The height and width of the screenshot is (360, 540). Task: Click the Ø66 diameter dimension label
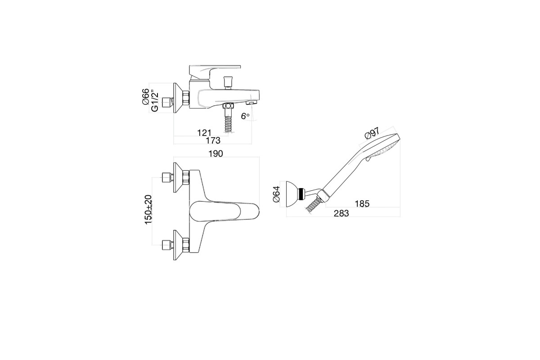pos(145,97)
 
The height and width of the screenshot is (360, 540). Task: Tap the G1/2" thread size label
pos(154,101)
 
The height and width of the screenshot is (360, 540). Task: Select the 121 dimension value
pos(204,133)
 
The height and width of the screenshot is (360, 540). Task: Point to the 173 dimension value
pos(213,140)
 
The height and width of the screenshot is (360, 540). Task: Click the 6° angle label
pos(245,116)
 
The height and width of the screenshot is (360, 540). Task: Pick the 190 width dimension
pos(216,153)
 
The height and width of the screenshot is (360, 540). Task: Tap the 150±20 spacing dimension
pos(148,209)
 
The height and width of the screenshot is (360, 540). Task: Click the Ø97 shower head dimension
pos(372,133)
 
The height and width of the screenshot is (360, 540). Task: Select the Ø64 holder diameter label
pos(276,194)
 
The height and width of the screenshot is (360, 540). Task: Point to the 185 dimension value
pos(362,204)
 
